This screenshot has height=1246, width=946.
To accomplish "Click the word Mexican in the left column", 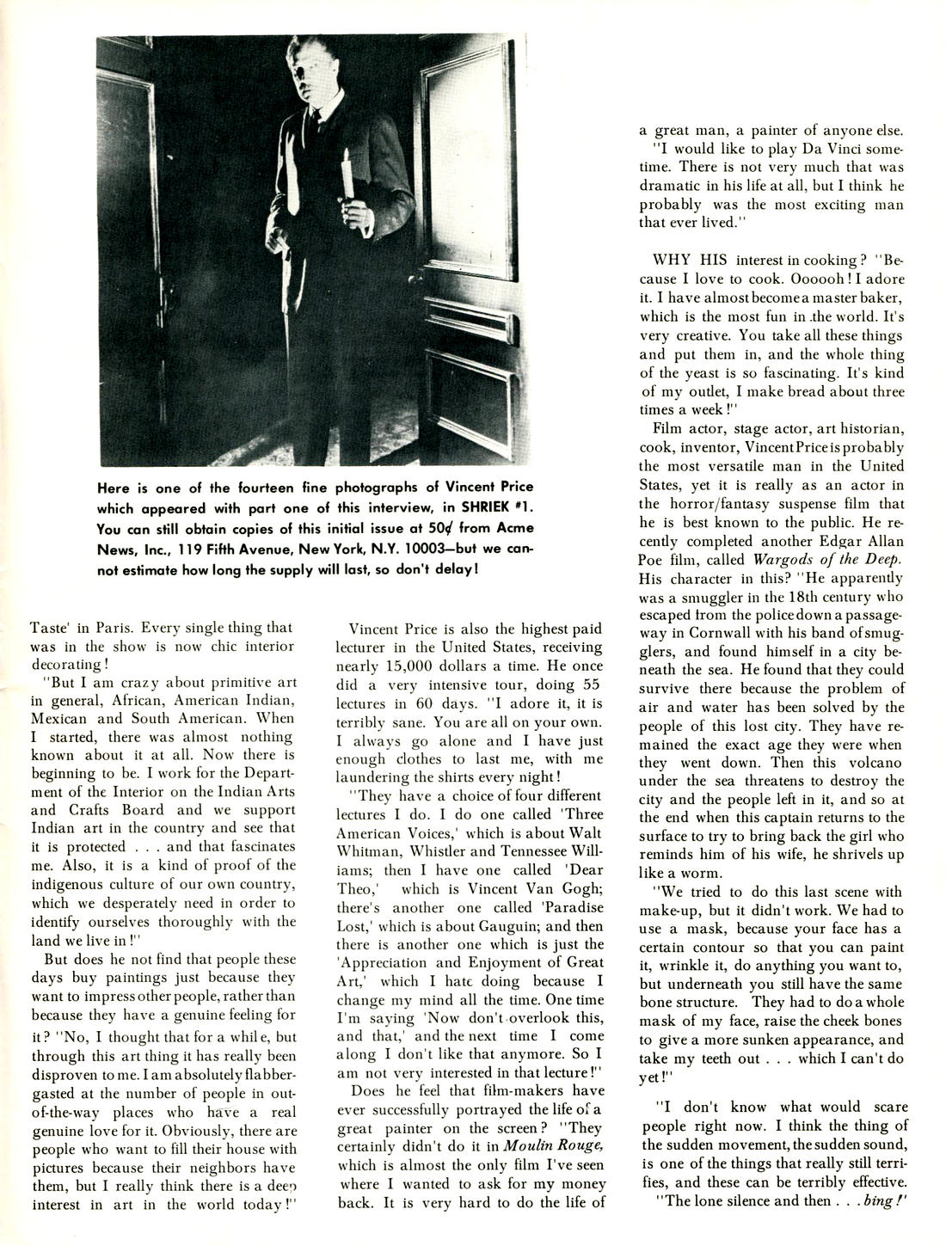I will (62, 718).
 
